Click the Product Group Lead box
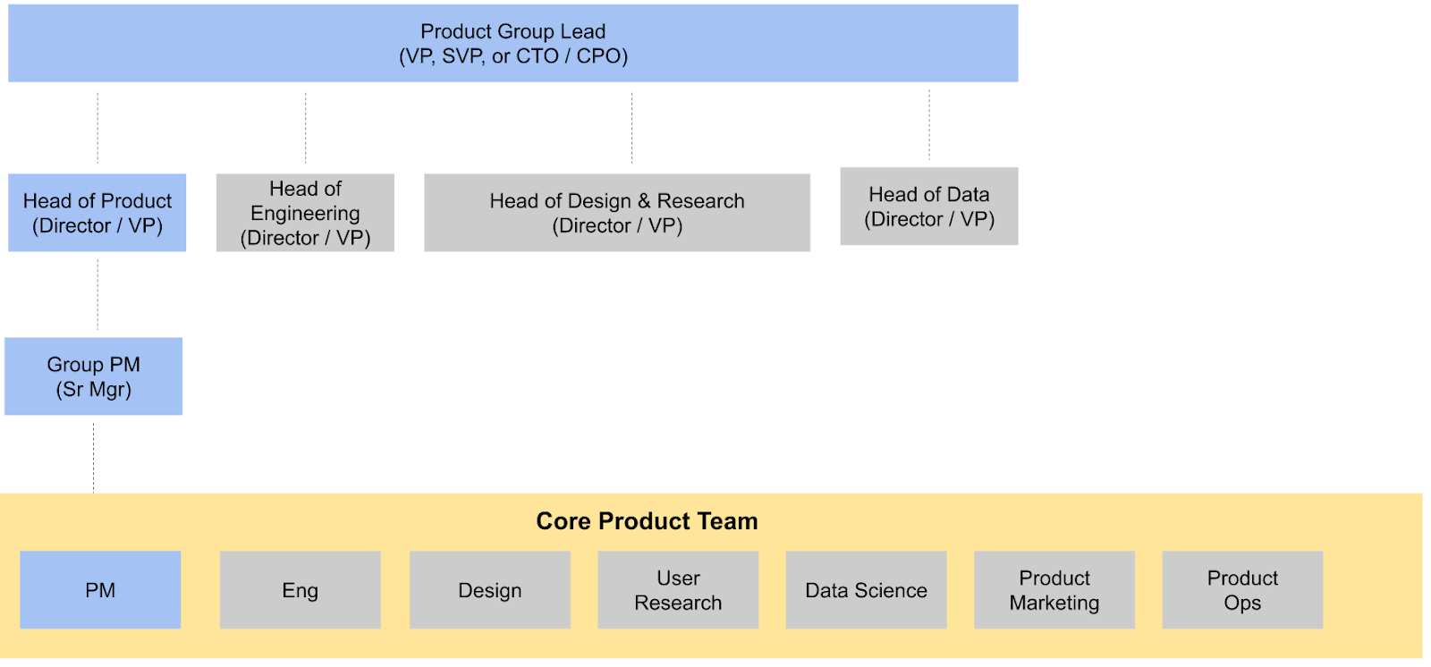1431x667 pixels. coord(513,43)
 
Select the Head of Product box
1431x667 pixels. coord(97,213)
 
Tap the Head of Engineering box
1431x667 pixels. coord(305,213)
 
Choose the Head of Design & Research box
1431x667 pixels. coord(617,213)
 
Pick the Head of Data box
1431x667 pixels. coord(929,207)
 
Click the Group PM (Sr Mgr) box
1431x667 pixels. coord(93,376)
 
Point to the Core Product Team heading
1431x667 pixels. coord(648,521)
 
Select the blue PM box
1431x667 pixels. coord(100,590)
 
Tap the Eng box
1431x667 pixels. coord(301,590)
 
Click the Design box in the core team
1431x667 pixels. coord(490,590)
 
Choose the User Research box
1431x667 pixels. coord(679,590)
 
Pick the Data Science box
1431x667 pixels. coord(867,590)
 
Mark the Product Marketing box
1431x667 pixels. coord(1054,590)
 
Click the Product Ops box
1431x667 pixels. coord(1242,590)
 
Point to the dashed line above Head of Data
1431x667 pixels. coord(929,124)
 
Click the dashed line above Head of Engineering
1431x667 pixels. coord(305,128)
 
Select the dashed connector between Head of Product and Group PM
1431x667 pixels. coord(97,294)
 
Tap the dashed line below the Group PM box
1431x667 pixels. coord(93,458)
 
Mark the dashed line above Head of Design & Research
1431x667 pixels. coord(631,128)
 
